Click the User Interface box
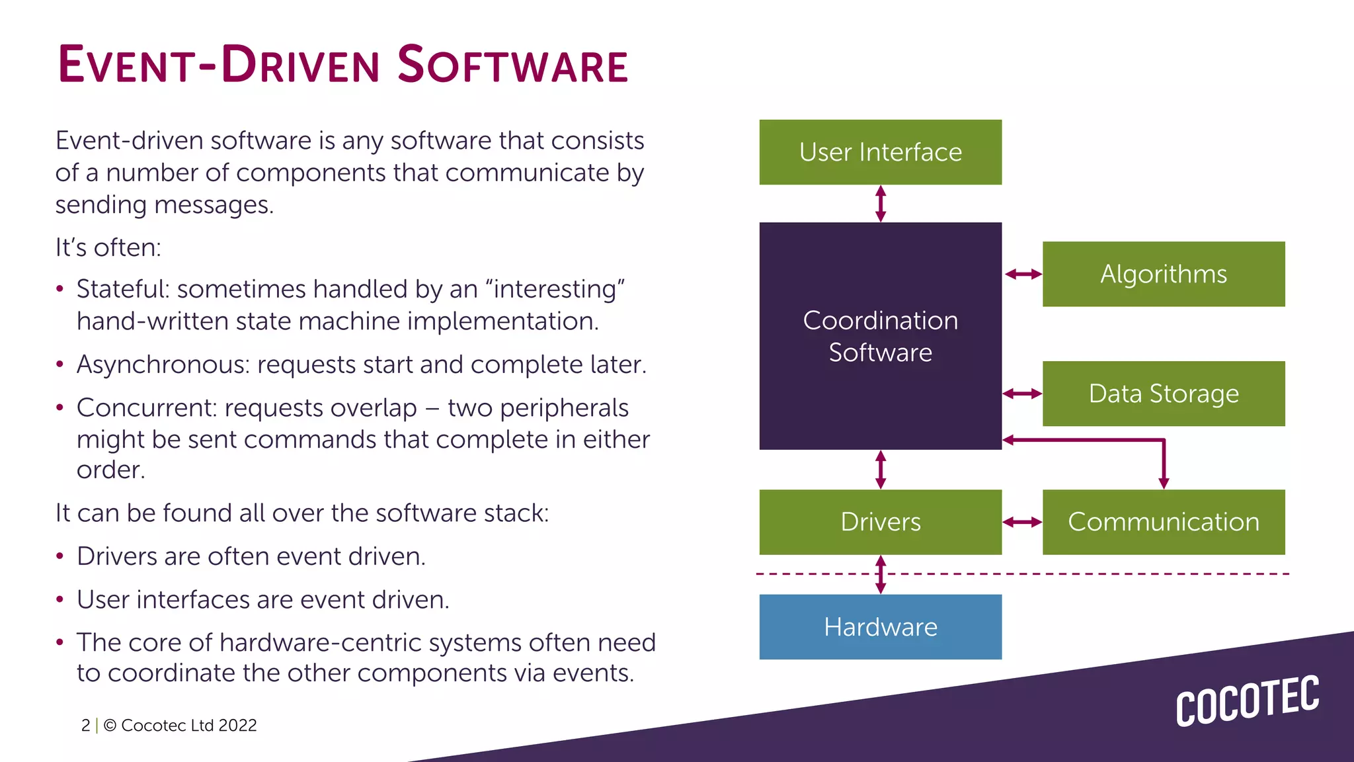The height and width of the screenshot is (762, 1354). pos(880,152)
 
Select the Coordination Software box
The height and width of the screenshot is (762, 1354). pos(880,336)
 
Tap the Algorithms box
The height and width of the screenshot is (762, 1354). pos(1164,274)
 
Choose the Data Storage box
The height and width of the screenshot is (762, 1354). pos(1164,394)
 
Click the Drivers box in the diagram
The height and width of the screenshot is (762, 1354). pos(880,522)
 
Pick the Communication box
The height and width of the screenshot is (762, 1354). pos(1164,522)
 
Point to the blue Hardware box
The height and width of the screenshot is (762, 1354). pos(880,626)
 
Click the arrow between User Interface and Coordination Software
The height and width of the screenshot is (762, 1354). pos(881,203)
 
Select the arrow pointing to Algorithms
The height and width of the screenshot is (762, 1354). pos(1023,274)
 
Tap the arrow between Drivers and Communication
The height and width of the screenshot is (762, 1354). pos(1022,522)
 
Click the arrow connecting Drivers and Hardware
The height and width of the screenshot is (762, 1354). pos(881,574)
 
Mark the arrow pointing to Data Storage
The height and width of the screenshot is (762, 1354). pos(1022,394)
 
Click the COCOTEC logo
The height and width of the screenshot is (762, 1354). pos(1247,700)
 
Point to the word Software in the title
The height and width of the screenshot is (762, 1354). pos(512,65)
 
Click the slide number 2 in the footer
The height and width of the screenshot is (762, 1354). pos(86,725)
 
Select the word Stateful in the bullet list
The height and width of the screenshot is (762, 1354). pos(123,289)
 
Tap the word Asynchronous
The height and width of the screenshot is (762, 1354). pos(163,364)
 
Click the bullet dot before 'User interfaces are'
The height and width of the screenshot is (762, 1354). pos(60,600)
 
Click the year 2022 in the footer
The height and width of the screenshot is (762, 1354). pos(237,725)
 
